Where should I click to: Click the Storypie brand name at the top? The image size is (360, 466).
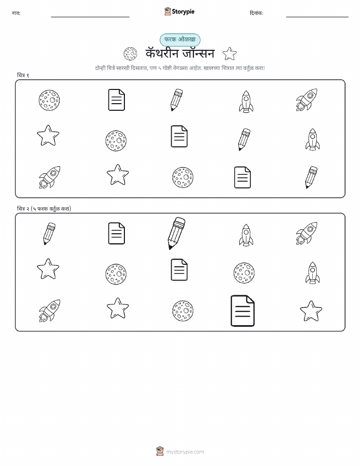tap(183, 12)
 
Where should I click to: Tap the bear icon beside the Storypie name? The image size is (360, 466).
tap(168, 11)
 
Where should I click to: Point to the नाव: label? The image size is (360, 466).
tap(16, 13)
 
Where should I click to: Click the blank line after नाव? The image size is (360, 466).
tap(90, 17)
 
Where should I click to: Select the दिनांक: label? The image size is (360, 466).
tap(256, 13)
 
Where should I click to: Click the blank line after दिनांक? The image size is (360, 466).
tap(317, 17)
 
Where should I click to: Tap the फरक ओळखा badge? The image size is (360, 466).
tap(180, 40)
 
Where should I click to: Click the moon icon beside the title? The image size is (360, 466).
tap(130, 54)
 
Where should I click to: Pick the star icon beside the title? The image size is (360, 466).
tap(230, 54)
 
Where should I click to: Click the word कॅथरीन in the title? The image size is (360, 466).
tap(162, 53)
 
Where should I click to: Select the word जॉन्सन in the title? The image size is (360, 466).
tap(198, 53)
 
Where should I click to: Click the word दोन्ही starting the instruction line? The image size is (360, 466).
tap(101, 68)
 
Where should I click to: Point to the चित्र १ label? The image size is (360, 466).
tap(23, 75)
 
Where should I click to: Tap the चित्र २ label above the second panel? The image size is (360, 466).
tap(23, 209)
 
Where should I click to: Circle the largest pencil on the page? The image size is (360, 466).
tap(176, 233)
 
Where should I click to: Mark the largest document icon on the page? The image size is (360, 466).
tap(243, 310)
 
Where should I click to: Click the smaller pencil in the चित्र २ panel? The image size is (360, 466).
tap(49, 234)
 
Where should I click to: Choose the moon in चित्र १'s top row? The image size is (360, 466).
tap(49, 100)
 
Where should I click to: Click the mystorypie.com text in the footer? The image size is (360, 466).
tap(185, 452)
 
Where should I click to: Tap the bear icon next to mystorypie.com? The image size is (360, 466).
tap(160, 451)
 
